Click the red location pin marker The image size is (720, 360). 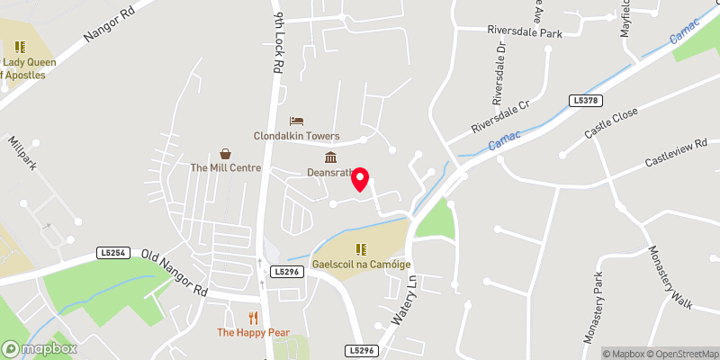[x=361, y=179]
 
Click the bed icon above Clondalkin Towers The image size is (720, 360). [x=296, y=121]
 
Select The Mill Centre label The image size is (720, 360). [x=225, y=168]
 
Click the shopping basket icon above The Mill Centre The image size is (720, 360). [x=225, y=153]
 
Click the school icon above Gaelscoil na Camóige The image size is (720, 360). [x=360, y=249]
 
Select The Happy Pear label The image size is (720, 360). [x=253, y=333]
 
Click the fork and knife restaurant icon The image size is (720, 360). [x=254, y=317]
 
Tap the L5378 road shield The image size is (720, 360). [x=584, y=101]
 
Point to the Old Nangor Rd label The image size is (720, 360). [x=176, y=274]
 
